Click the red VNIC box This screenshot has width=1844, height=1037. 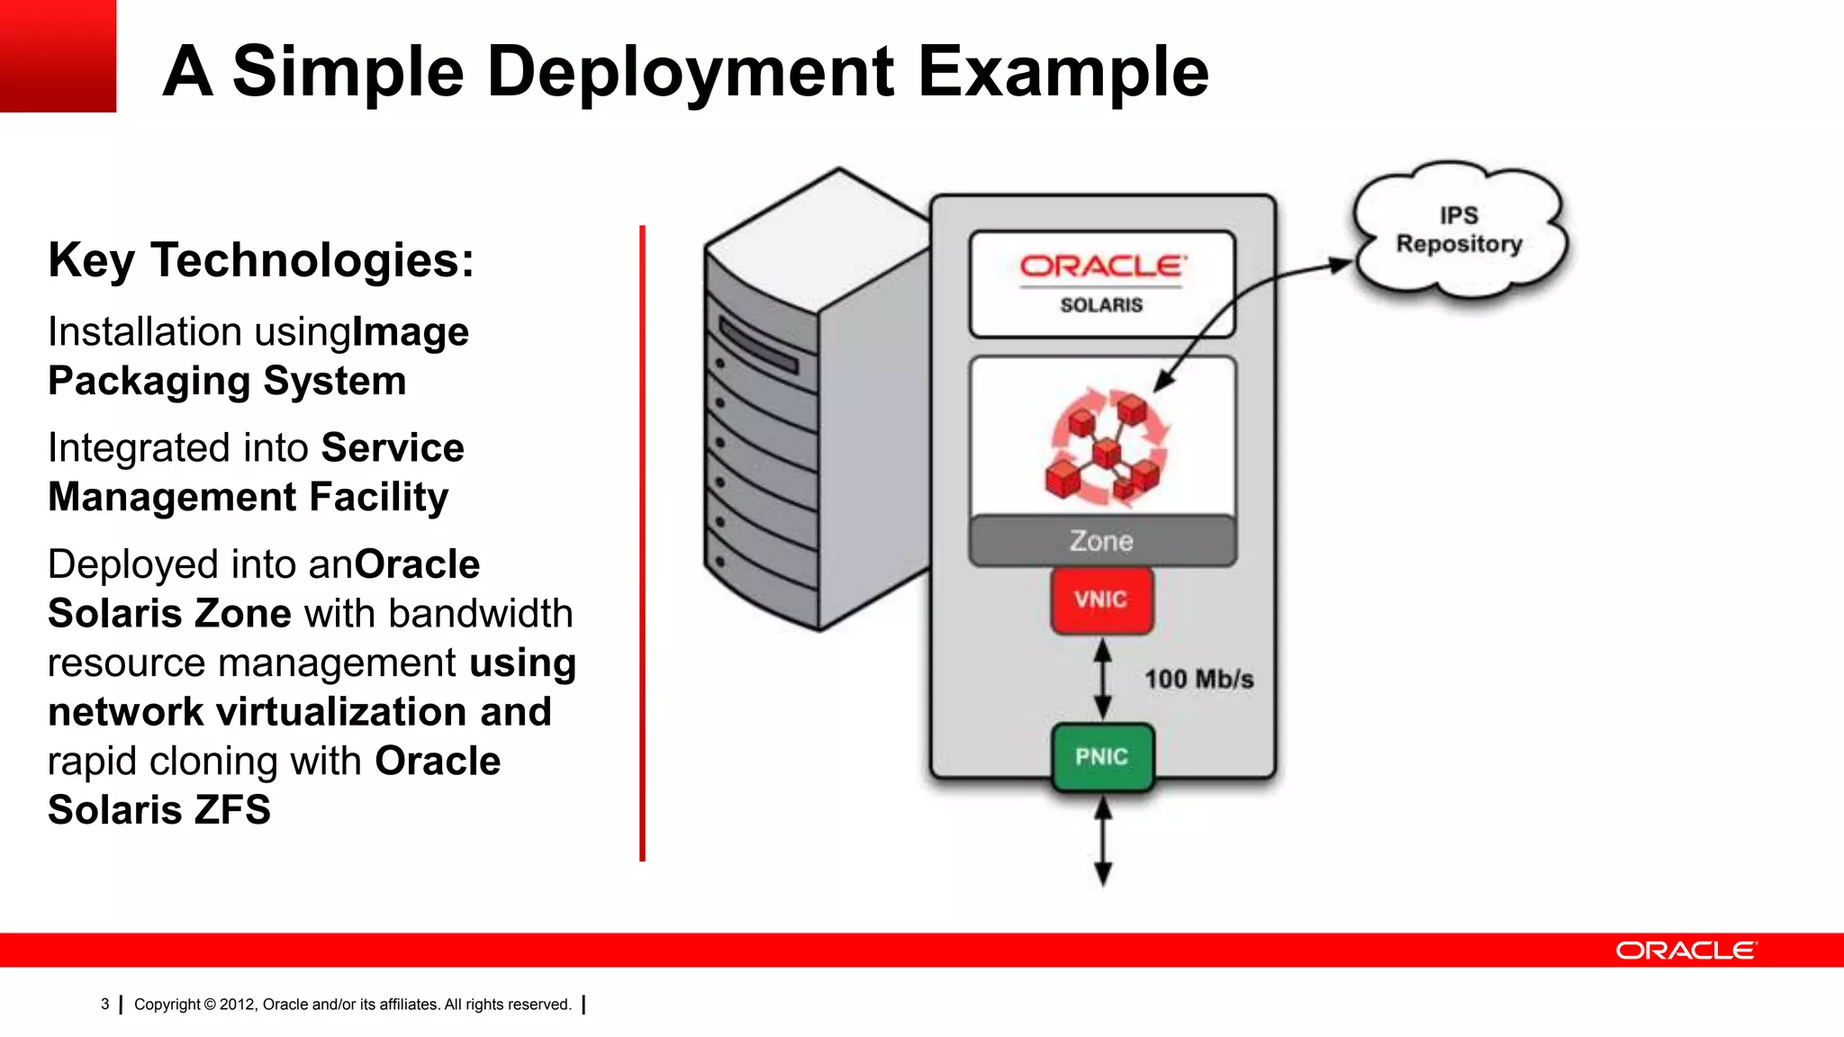tap(1101, 600)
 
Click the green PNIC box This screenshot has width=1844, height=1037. tap(1102, 757)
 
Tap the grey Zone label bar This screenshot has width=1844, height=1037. tap(1102, 541)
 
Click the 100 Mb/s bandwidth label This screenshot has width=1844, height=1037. tap(1198, 680)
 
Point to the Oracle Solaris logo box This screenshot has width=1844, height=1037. tap(1101, 284)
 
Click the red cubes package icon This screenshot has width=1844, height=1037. tap(1106, 446)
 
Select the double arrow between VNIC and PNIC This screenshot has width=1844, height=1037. tap(1102, 680)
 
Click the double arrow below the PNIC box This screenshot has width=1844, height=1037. tap(1102, 842)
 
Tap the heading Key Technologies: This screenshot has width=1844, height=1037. tap(261, 261)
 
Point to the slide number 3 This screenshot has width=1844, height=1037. tap(105, 1005)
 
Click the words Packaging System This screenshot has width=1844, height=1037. tap(227, 381)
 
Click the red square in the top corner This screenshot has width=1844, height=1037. tap(58, 56)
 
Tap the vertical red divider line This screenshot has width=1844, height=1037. tap(642, 540)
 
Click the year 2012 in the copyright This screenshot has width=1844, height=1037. tap(238, 1005)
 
